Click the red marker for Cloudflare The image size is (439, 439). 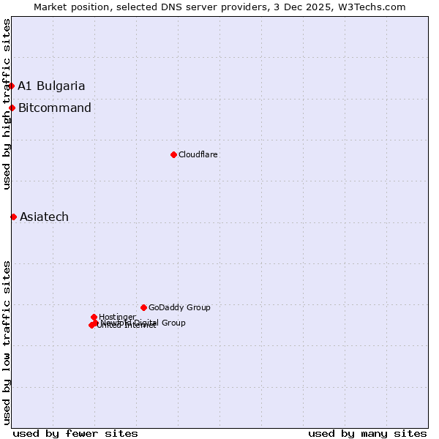click(173, 154)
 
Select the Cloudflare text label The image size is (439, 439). click(198, 154)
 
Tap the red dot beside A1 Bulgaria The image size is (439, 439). click(11, 86)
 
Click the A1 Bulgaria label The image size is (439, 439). click(51, 86)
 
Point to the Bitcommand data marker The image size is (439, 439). click(12, 108)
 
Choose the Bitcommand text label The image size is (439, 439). click(55, 108)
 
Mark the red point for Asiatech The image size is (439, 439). click(13, 217)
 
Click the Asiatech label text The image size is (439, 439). click(44, 217)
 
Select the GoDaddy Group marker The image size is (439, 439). click(143, 307)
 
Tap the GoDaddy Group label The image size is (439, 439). click(179, 307)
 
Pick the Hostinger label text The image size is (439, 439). click(117, 317)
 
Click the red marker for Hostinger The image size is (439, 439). click(94, 317)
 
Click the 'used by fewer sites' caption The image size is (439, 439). click(75, 433)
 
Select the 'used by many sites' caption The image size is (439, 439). click(367, 433)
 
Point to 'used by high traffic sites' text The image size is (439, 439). click(7, 104)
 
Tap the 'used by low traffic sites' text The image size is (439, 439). click(7, 342)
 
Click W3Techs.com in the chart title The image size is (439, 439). click(375, 7)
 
